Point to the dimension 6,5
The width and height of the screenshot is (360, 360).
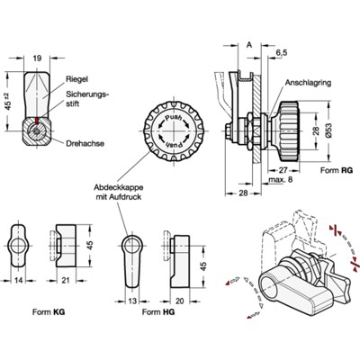[x=282, y=53]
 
